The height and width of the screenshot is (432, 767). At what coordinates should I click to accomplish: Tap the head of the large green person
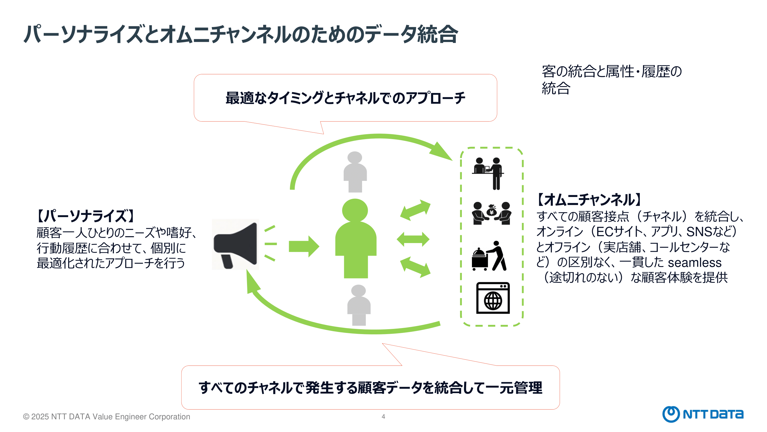click(x=355, y=210)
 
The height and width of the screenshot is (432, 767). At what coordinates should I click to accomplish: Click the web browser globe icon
click(x=493, y=298)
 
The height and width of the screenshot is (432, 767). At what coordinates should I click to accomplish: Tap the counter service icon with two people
click(x=488, y=173)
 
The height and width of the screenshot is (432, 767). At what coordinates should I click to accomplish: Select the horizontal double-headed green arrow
click(x=413, y=239)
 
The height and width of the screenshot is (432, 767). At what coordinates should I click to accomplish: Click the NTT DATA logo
click(x=703, y=414)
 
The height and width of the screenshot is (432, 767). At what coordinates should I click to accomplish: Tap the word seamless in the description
click(x=694, y=262)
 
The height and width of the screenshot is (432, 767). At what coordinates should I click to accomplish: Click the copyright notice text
click(x=106, y=416)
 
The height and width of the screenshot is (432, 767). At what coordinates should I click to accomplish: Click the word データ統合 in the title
click(x=411, y=34)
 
